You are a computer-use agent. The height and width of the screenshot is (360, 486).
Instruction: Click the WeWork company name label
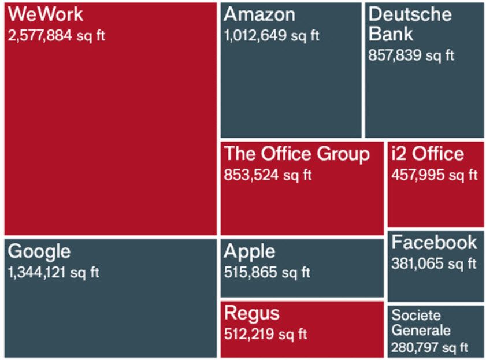click(46, 14)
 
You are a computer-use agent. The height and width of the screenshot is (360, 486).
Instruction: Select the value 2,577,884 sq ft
click(57, 36)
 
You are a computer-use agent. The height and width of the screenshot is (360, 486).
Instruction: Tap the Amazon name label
click(259, 14)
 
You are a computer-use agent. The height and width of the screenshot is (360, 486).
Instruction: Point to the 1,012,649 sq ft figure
click(272, 36)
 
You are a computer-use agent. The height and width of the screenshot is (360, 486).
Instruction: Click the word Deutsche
click(410, 14)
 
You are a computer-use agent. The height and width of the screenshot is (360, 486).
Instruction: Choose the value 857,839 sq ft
click(411, 55)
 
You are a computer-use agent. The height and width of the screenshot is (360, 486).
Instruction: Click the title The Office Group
click(296, 154)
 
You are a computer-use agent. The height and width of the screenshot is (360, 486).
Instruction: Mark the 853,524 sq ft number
click(268, 175)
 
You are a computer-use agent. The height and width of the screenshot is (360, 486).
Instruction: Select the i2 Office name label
click(427, 154)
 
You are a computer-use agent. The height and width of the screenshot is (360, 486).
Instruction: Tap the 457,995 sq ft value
click(435, 175)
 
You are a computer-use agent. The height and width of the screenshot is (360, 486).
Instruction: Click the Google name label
click(39, 251)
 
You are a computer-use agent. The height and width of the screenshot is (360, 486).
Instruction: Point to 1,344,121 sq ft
click(54, 272)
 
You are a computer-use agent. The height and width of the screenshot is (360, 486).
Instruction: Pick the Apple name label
click(250, 251)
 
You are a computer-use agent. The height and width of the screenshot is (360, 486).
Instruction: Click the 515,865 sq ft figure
click(267, 272)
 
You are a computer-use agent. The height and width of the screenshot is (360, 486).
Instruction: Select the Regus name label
click(251, 313)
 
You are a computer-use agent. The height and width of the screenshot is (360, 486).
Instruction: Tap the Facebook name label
click(435, 242)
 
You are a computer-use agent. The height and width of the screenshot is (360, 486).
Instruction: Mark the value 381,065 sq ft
click(434, 264)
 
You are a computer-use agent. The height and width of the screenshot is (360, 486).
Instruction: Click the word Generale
click(421, 331)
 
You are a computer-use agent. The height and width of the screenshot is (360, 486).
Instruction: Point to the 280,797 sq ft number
click(429, 348)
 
